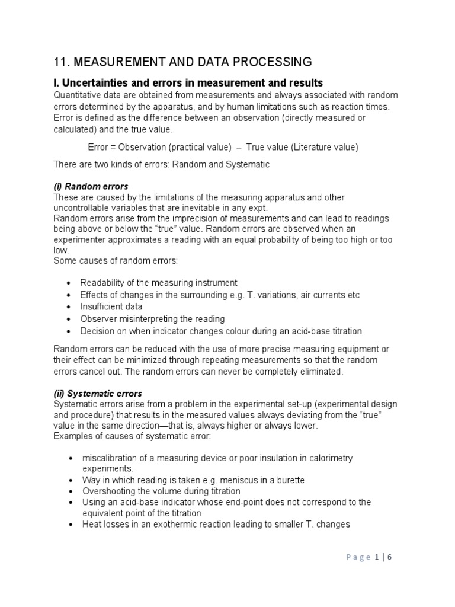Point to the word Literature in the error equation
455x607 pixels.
[300, 146]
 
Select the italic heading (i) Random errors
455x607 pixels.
[91, 187]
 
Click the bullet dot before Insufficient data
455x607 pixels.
[71, 307]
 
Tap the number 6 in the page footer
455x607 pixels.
[389, 557]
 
